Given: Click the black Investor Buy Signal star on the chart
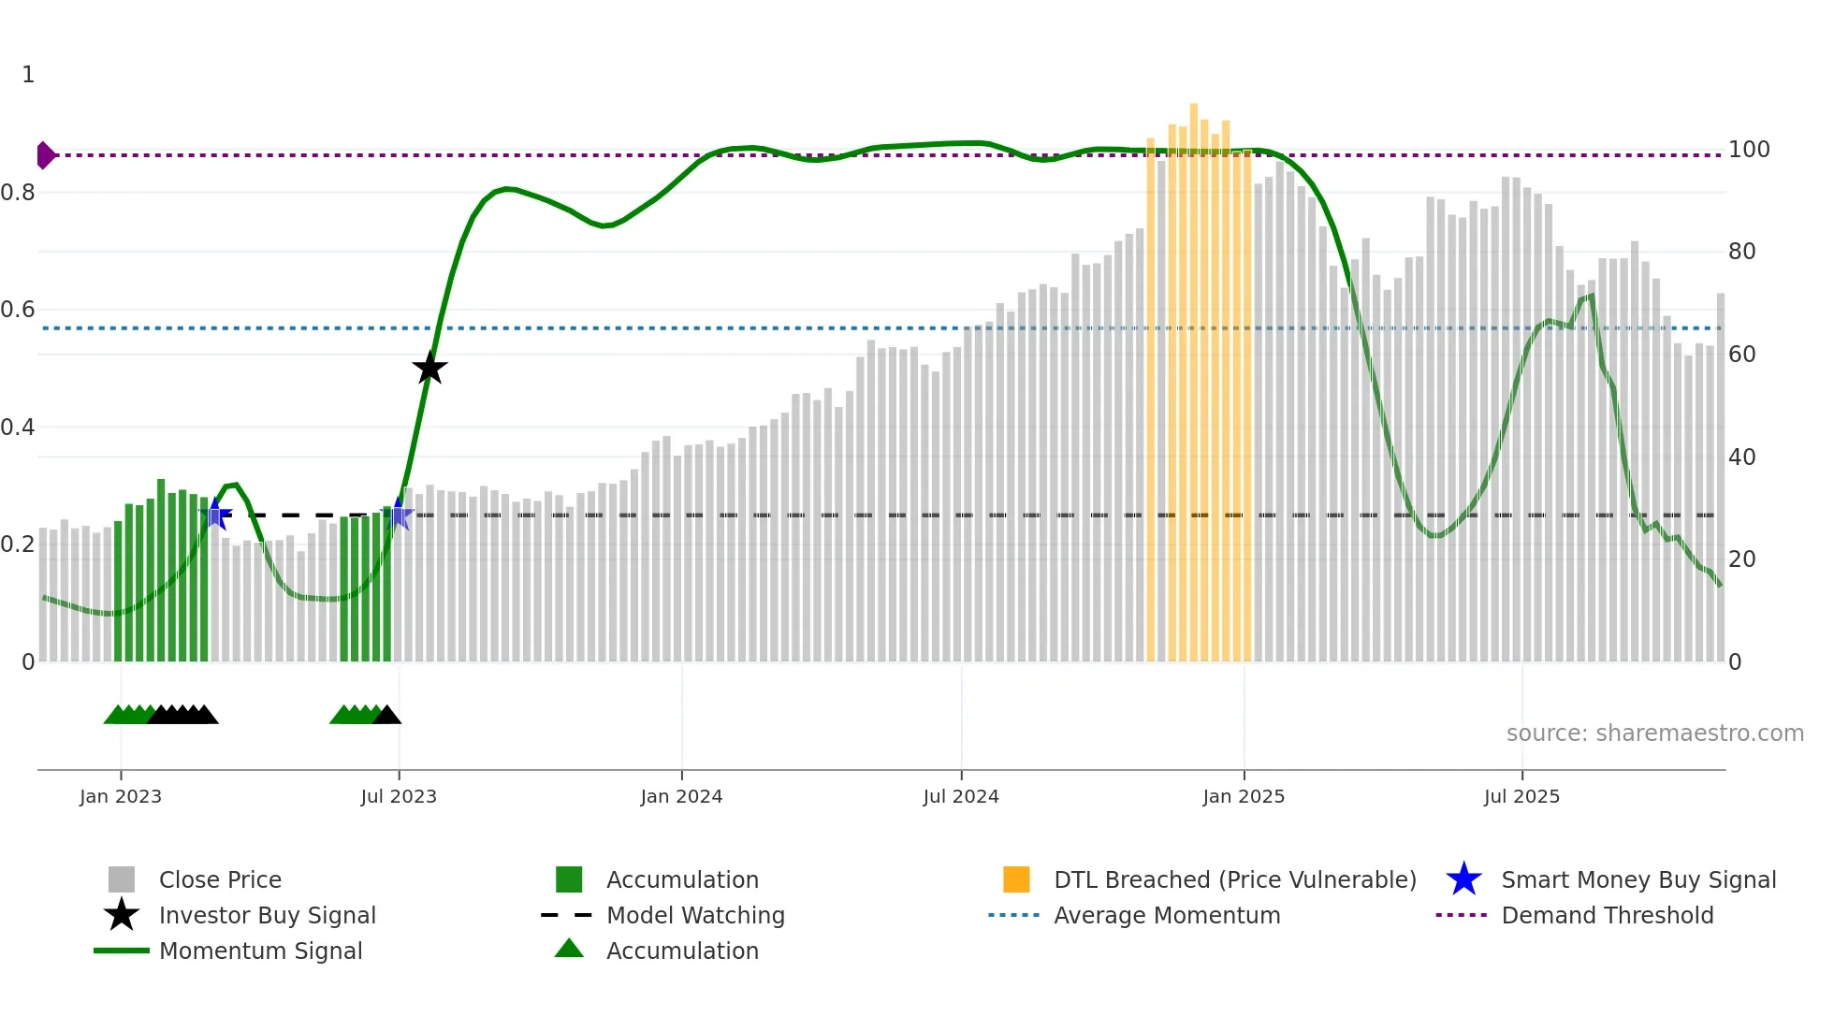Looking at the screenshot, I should (x=429, y=369).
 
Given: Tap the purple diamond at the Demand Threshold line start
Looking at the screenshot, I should (x=45, y=155).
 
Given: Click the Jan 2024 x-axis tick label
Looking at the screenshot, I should (x=681, y=796).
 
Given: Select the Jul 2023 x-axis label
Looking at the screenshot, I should (x=399, y=796).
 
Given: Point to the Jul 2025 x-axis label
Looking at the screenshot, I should (x=1521, y=796).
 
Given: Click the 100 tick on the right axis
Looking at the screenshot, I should (x=1749, y=150).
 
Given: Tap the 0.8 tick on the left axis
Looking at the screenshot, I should (x=19, y=193).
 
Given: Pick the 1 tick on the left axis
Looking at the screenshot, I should (x=28, y=75).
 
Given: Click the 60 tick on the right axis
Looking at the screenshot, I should (x=1742, y=355).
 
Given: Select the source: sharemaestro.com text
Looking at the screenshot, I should (x=1654, y=733).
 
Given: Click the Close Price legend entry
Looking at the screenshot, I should (x=220, y=879).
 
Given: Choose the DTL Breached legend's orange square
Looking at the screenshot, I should (x=1016, y=879).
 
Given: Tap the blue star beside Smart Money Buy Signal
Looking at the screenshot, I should (x=1463, y=879).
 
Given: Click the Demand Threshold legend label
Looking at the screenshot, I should (x=1607, y=915).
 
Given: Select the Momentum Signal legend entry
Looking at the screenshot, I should (x=260, y=951).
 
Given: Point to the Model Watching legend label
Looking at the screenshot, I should (x=695, y=915).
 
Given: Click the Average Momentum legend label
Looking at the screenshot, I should (x=1167, y=915).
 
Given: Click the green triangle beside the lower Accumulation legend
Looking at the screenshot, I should (x=569, y=949).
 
